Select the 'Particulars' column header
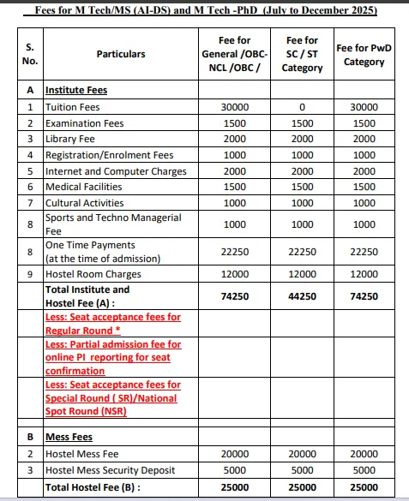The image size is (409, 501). tap(121, 54)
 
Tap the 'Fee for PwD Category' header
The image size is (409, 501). tap(364, 55)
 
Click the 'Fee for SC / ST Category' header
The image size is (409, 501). tap(301, 54)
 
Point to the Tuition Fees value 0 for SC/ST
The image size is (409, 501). tap(301, 107)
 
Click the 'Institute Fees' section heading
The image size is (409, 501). tap(76, 90)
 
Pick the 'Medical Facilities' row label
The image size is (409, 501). tap(84, 187)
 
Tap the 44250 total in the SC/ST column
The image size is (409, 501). tap(301, 296)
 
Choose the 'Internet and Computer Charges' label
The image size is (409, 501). tap(116, 171)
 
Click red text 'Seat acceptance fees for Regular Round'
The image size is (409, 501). tap(112, 323)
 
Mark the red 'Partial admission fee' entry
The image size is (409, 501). tap(112, 357)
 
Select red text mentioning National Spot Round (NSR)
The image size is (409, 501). tap(112, 399)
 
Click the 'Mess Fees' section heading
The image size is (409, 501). tap(69, 437)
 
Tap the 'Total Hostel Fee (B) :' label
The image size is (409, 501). tap(93, 486)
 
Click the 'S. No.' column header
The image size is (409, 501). tap(30, 54)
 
